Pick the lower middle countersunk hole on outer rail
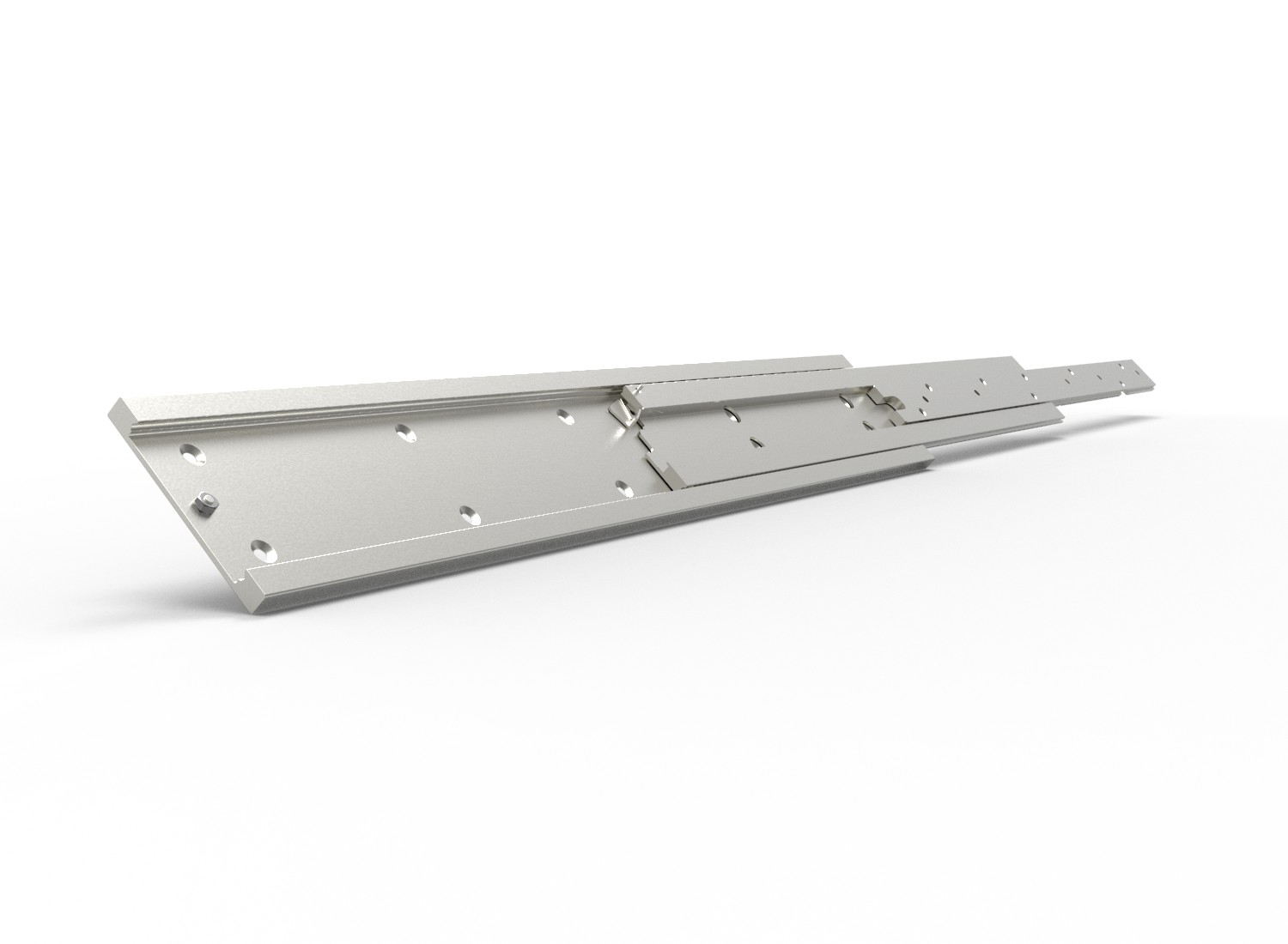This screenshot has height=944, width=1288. [x=468, y=514]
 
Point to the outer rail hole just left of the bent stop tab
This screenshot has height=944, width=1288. [x=564, y=417]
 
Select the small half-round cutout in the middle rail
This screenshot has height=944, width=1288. [x=756, y=442]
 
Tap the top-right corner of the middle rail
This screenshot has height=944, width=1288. [x=1013, y=358]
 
